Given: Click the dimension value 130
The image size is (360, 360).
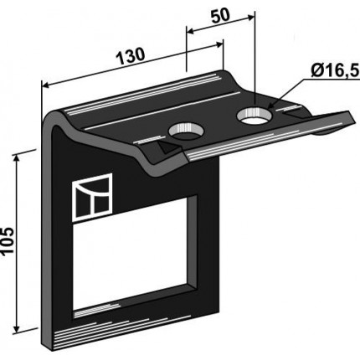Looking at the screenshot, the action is coord(131,56).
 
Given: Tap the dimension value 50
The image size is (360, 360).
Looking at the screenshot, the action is coord(220,16).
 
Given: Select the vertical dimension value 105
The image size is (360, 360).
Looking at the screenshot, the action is coord(8,241).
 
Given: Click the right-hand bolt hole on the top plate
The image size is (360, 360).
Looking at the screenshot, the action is coord(254,116).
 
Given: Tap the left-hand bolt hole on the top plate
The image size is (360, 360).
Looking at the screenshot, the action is coord(186,131).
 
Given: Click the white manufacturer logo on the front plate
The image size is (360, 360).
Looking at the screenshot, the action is coord(92,198).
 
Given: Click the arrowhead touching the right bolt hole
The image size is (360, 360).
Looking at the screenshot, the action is coord(271,105).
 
